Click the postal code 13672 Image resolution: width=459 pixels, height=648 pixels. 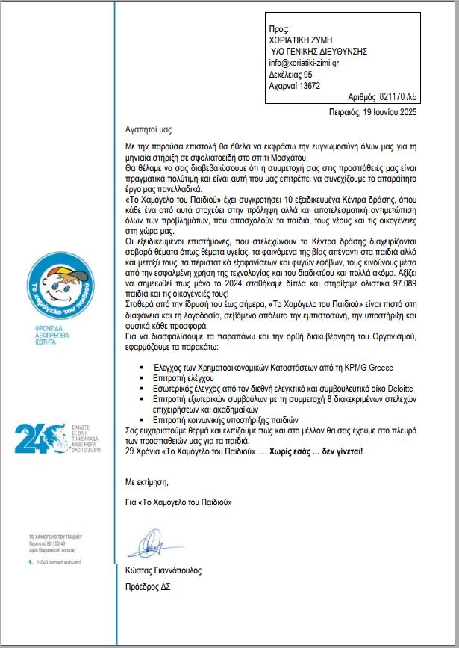306,86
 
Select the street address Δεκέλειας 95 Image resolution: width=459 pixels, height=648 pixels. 290,75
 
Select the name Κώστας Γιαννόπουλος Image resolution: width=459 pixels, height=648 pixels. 163,570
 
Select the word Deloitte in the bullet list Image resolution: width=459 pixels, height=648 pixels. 396,389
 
